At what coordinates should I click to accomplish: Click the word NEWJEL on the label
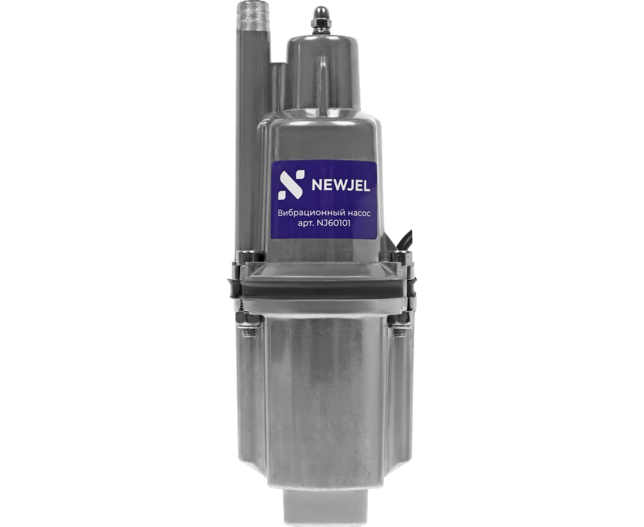341,185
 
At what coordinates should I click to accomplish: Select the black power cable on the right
403,237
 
